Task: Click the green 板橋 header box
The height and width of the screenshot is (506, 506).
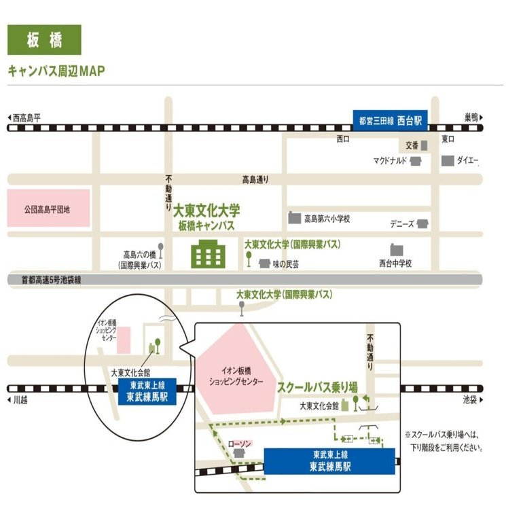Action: pos(44,39)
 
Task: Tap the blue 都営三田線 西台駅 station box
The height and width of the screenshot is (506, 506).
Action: pos(390,121)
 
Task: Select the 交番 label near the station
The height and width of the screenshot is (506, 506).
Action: pos(412,145)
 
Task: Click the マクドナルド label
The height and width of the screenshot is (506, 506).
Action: pos(390,160)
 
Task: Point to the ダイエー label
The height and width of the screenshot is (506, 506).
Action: pos(467,160)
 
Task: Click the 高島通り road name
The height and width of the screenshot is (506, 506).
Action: pos(255,179)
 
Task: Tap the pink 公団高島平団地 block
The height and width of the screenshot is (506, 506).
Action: pos(48,208)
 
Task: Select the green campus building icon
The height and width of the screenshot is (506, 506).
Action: pos(208,254)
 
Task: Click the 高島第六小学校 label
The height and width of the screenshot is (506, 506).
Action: pos(327,219)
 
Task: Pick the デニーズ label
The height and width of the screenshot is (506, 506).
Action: pos(402,224)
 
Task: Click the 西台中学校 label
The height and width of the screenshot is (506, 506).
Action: pos(395,264)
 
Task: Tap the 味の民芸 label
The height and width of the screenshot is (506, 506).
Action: pos(286,264)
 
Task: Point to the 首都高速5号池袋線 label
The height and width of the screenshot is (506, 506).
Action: pos(52,280)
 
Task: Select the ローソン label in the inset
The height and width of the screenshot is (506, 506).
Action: pos(240,444)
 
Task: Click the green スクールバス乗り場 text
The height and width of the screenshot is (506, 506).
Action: pos(317,387)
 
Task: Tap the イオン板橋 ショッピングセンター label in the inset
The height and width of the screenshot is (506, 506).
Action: pos(236,376)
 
